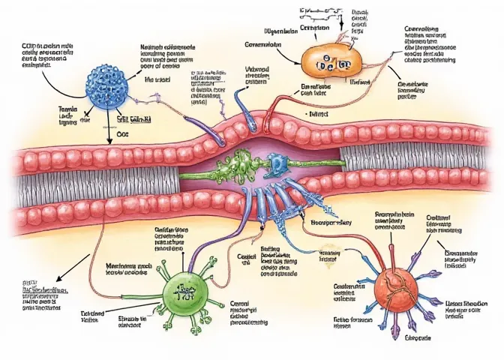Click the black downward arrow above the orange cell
tap(342, 25)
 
